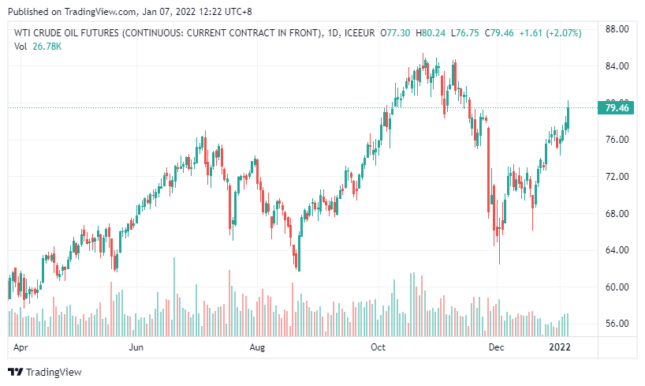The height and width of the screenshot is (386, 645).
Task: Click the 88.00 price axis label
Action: point(616,29)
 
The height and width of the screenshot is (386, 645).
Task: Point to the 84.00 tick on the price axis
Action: point(616,66)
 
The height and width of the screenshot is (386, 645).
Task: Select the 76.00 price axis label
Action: point(616,140)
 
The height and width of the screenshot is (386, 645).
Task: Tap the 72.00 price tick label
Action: point(616,177)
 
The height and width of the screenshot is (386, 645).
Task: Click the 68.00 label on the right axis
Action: point(616,213)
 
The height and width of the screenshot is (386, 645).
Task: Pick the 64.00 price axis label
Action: point(616,250)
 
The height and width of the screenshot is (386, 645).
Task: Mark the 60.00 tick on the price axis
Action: point(616,287)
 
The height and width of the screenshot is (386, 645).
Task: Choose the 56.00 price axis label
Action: point(616,324)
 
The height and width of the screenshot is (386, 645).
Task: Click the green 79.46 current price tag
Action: point(616,108)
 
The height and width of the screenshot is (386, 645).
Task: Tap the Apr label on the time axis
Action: point(22,347)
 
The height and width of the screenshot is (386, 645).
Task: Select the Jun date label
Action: point(136,347)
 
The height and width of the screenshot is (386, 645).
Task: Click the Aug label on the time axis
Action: point(256,347)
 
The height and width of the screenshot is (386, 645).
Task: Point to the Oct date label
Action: point(378,347)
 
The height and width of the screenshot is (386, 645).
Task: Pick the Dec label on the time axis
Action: point(497,347)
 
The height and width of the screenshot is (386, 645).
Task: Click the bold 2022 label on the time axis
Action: point(560,347)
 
